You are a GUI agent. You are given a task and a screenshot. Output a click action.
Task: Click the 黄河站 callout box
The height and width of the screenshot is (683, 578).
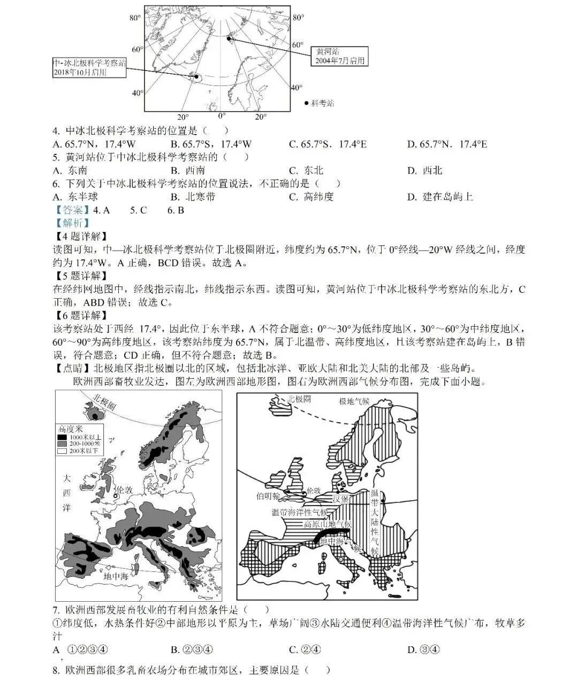[x=339, y=56]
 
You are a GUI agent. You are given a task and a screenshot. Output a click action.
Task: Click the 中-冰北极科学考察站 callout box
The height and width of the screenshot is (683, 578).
[x=89, y=67]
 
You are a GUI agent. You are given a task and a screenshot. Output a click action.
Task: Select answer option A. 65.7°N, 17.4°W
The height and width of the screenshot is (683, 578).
[x=94, y=144]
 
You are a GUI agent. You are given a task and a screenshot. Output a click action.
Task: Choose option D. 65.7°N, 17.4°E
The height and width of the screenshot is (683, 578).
[x=447, y=144]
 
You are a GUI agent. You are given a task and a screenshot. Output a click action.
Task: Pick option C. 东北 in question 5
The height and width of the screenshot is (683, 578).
[x=306, y=170]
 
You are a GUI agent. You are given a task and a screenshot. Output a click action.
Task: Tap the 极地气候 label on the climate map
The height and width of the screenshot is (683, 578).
[x=354, y=401]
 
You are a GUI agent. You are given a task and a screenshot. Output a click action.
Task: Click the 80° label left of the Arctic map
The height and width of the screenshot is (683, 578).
[x=135, y=18]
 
